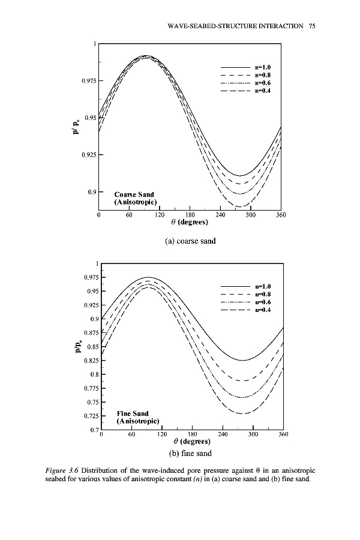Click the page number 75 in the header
(312, 26)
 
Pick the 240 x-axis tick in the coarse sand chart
(220, 214)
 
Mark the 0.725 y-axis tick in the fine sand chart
(89, 416)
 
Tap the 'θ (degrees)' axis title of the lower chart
(190, 442)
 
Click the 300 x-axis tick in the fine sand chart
(253, 434)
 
